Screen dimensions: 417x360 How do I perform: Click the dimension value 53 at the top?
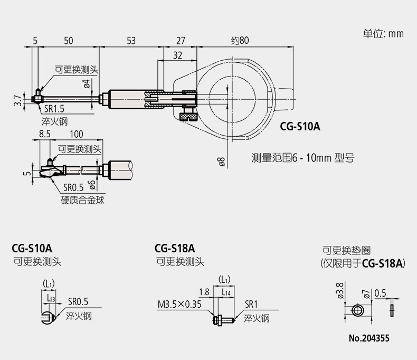coord(131,41)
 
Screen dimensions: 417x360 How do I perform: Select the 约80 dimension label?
coord(240,41)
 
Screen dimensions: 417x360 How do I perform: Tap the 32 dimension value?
coord(178,55)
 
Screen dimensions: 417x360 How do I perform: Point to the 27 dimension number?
coord(181,41)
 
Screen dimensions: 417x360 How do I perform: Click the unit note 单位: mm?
coord(384,33)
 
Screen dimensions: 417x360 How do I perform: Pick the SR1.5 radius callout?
coord(54,109)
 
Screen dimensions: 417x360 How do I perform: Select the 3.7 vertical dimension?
coord(18,100)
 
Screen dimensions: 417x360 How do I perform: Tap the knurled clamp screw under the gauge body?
coord(188,117)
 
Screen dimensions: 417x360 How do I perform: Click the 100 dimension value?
coord(77,134)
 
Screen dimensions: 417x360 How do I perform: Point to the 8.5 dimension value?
coord(45,134)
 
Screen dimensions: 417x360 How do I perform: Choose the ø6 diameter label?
coord(92,185)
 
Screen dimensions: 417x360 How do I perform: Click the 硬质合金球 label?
coord(82,200)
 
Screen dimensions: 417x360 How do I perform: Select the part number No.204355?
coord(369,338)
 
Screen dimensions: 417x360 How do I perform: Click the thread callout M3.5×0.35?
coord(179,304)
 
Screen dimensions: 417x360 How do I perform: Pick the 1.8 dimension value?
coord(204,292)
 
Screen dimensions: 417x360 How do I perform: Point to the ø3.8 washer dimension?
coord(340,290)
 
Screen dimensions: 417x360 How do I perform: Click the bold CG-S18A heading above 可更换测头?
coord(175,249)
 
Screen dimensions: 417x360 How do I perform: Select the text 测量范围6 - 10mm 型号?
coord(303,158)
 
